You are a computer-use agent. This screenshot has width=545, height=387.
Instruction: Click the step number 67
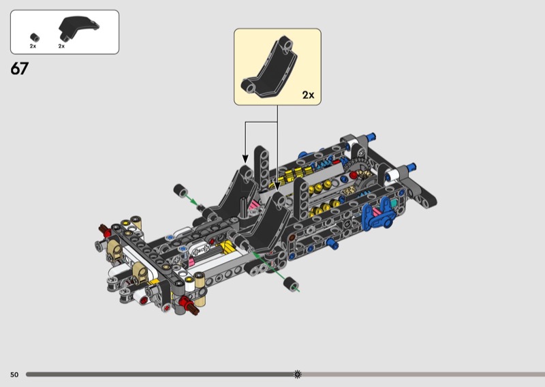click(19, 69)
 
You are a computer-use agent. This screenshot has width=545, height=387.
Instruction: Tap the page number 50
click(14, 375)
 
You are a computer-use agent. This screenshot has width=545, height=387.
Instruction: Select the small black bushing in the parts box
click(35, 37)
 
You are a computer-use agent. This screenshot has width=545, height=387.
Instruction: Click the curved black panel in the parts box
click(78, 27)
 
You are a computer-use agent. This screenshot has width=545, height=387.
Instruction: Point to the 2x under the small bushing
click(33, 46)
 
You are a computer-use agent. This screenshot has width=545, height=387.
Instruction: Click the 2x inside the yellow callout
click(308, 95)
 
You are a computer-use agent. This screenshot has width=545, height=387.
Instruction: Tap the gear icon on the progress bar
click(298, 374)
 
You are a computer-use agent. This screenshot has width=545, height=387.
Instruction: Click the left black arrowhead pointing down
click(245, 159)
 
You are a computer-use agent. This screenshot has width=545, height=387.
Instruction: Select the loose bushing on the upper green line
click(181, 190)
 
